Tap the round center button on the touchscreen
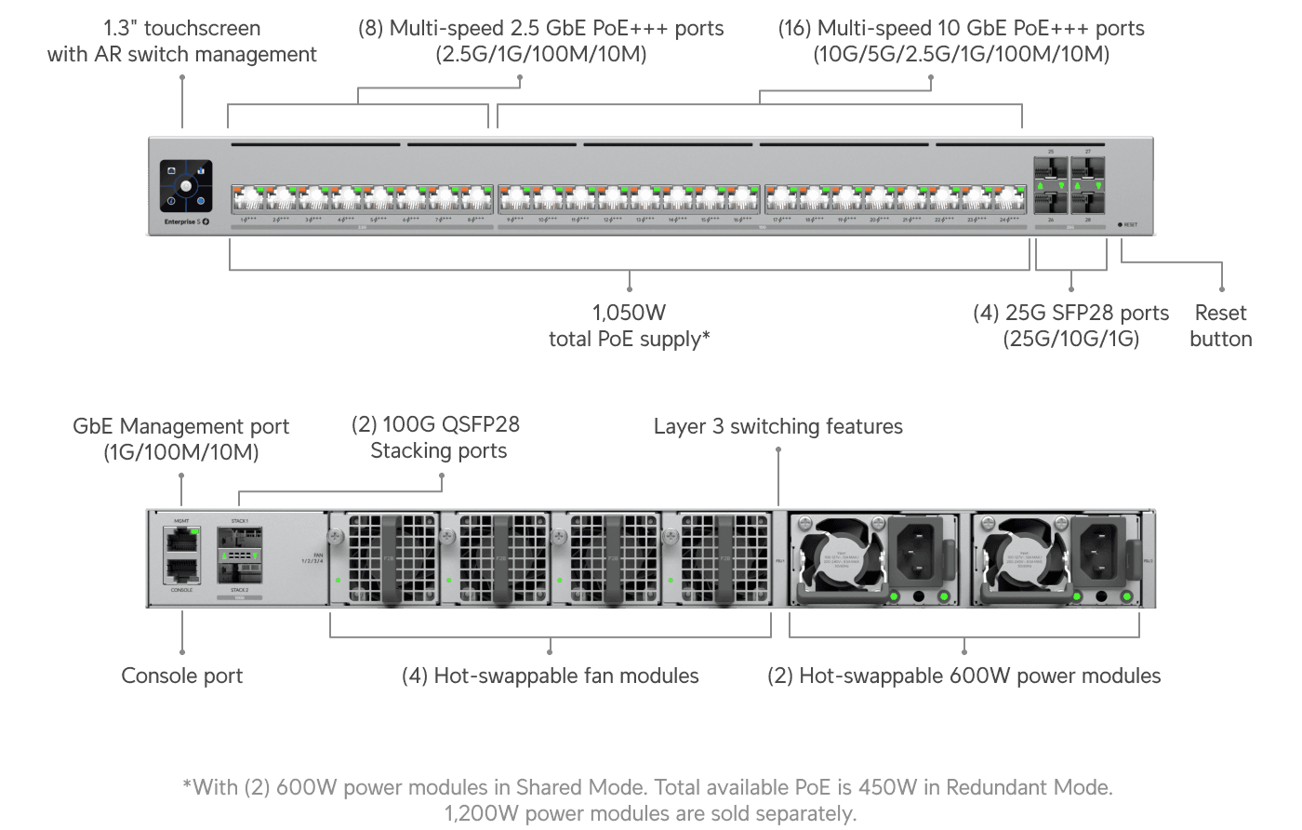(186, 186)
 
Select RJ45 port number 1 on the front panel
(247, 199)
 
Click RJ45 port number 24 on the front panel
(1009, 199)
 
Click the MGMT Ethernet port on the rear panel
(182, 539)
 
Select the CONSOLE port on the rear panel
(182, 570)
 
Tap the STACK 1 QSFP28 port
(240, 538)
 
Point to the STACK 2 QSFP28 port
(240, 569)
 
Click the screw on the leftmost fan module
(337, 537)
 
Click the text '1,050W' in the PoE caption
(630, 313)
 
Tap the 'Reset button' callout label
(1220, 326)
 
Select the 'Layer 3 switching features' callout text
(777, 426)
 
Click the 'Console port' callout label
(182, 676)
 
